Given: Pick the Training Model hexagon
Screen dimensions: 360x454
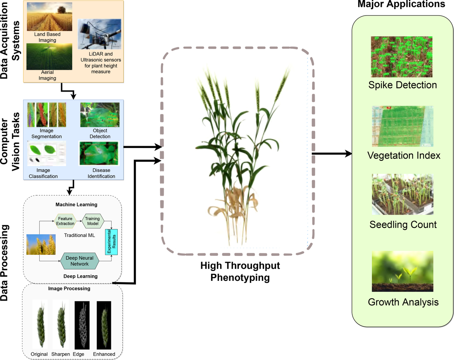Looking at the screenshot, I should pyautogui.click(x=92, y=221).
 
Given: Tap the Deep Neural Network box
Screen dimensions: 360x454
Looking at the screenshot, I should pyautogui.click(x=79, y=261).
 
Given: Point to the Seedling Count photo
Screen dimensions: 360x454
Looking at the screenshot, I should pyautogui.click(x=402, y=194).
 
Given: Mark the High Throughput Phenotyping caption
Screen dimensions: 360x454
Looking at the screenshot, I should pyautogui.click(x=240, y=271).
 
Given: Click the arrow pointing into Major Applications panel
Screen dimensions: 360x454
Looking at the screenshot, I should pyautogui.click(x=331, y=154).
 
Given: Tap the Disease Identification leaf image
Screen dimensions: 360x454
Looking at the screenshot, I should pyautogui.click(x=99, y=153).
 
